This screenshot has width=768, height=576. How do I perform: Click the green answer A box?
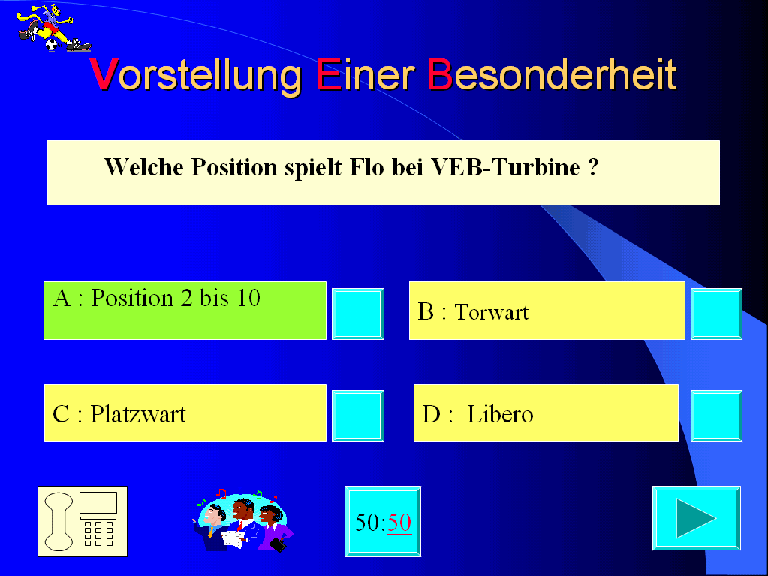tap(185, 310)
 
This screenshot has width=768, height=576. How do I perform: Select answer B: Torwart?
tap(547, 310)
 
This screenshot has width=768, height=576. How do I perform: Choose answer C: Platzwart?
tap(185, 413)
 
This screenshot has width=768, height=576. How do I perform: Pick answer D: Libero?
tap(546, 413)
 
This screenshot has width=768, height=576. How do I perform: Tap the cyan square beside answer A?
tap(358, 313)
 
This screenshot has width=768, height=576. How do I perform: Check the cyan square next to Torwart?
tap(716, 313)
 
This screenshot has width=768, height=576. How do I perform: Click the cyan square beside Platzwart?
tap(358, 416)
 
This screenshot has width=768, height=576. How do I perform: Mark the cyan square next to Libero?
tap(716, 416)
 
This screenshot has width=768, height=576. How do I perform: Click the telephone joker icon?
tap(83, 522)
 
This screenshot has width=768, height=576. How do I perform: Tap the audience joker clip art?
tap(242, 520)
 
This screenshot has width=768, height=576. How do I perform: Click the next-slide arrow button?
tap(697, 518)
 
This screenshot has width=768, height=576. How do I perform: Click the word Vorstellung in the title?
tap(195, 76)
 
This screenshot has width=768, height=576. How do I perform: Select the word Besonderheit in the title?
tap(552, 74)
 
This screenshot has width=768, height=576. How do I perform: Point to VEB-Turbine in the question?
tap(505, 167)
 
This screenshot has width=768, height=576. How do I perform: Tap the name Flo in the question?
tap(366, 167)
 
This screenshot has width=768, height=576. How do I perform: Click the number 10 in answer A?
tap(248, 298)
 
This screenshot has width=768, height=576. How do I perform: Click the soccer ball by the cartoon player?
tap(52, 45)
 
